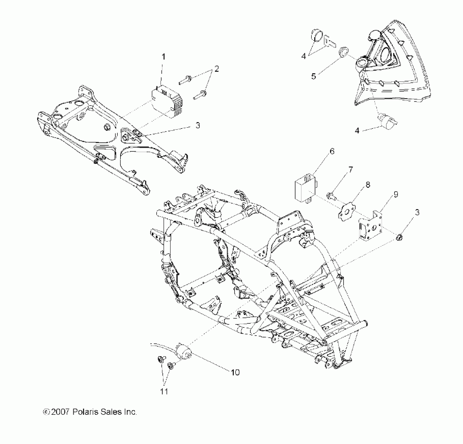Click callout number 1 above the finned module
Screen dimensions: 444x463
click(164, 57)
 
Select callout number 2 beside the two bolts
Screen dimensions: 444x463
click(216, 69)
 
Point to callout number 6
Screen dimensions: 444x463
click(332, 151)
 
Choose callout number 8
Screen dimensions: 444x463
click(368, 185)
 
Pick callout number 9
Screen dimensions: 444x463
click(396, 194)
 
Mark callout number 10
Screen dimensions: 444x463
click(235, 372)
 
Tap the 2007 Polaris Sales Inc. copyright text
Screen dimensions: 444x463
click(90, 412)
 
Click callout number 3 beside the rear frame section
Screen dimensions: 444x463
click(198, 125)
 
